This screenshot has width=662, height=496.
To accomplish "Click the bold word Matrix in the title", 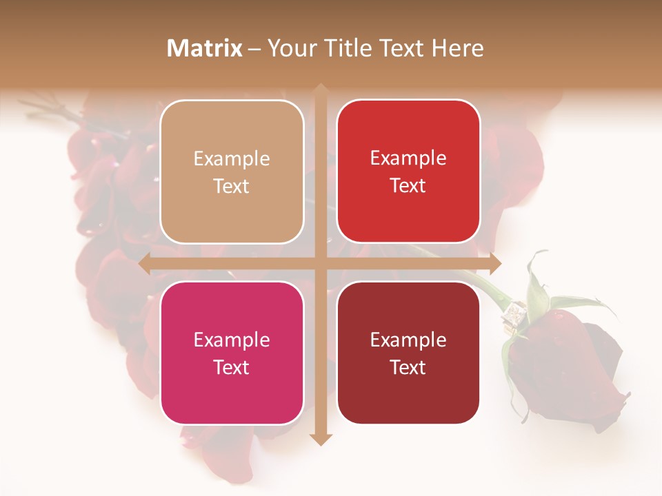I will (205, 48).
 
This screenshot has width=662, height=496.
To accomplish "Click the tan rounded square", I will (232, 172).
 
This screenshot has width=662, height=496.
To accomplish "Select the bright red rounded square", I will (408, 172).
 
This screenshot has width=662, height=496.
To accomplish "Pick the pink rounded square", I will (232, 353).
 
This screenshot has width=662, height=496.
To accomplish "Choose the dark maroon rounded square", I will (408, 353).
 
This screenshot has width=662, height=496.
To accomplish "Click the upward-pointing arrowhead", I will (321, 90).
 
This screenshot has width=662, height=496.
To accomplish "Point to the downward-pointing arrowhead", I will (321, 439).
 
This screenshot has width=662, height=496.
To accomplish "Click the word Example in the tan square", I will (232, 159).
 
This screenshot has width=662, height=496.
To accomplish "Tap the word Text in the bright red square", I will (408, 186).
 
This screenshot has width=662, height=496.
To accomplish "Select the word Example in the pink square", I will (232, 340).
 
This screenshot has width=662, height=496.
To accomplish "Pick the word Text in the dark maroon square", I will (408, 367).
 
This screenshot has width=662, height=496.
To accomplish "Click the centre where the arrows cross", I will (321, 263).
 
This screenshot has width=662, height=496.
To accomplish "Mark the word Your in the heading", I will (289, 48).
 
